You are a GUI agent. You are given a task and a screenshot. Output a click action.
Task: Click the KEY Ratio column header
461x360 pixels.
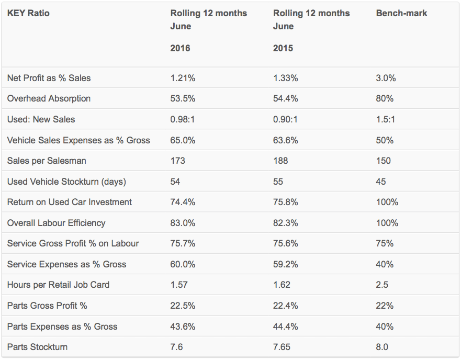[x=28, y=13]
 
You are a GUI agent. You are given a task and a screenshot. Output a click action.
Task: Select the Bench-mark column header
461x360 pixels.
[x=401, y=13]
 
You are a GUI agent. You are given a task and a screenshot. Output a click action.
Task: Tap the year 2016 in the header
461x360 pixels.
[x=180, y=48]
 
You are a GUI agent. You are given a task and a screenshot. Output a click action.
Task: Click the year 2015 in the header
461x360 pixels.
[x=283, y=48]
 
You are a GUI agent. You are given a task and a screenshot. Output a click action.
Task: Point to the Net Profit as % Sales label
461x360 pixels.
[x=49, y=78]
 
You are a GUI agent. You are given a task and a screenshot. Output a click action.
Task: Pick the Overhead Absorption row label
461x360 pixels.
[x=49, y=98]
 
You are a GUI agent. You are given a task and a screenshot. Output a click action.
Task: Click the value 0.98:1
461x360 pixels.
[x=182, y=119]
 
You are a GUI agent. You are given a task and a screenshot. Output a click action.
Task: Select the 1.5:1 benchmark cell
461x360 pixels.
[x=385, y=119]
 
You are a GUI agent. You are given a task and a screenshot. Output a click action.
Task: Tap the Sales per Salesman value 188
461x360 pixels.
[x=280, y=161]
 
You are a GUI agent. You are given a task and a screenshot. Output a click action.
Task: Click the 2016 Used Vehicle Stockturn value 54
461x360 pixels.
[x=175, y=182]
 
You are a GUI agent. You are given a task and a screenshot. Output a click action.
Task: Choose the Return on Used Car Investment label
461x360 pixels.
[x=70, y=202]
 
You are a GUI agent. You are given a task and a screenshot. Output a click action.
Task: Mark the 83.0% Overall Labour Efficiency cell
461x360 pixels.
[x=183, y=223]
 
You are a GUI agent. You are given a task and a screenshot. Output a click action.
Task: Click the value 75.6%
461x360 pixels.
[x=286, y=243]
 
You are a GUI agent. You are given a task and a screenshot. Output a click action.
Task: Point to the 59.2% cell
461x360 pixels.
[x=286, y=264]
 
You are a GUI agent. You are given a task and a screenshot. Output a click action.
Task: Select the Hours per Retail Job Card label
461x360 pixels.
[x=58, y=285]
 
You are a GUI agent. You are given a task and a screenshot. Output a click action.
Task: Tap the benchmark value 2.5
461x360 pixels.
[x=382, y=285]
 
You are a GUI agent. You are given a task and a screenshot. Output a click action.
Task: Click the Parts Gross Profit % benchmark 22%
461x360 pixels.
[x=385, y=306]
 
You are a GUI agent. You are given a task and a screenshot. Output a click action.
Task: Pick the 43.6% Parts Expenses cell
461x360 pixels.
[x=183, y=327]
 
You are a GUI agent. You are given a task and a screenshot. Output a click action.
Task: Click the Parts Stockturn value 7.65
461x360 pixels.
[x=282, y=347]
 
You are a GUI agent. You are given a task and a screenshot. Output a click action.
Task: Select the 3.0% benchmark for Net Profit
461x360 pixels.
[x=386, y=78]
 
